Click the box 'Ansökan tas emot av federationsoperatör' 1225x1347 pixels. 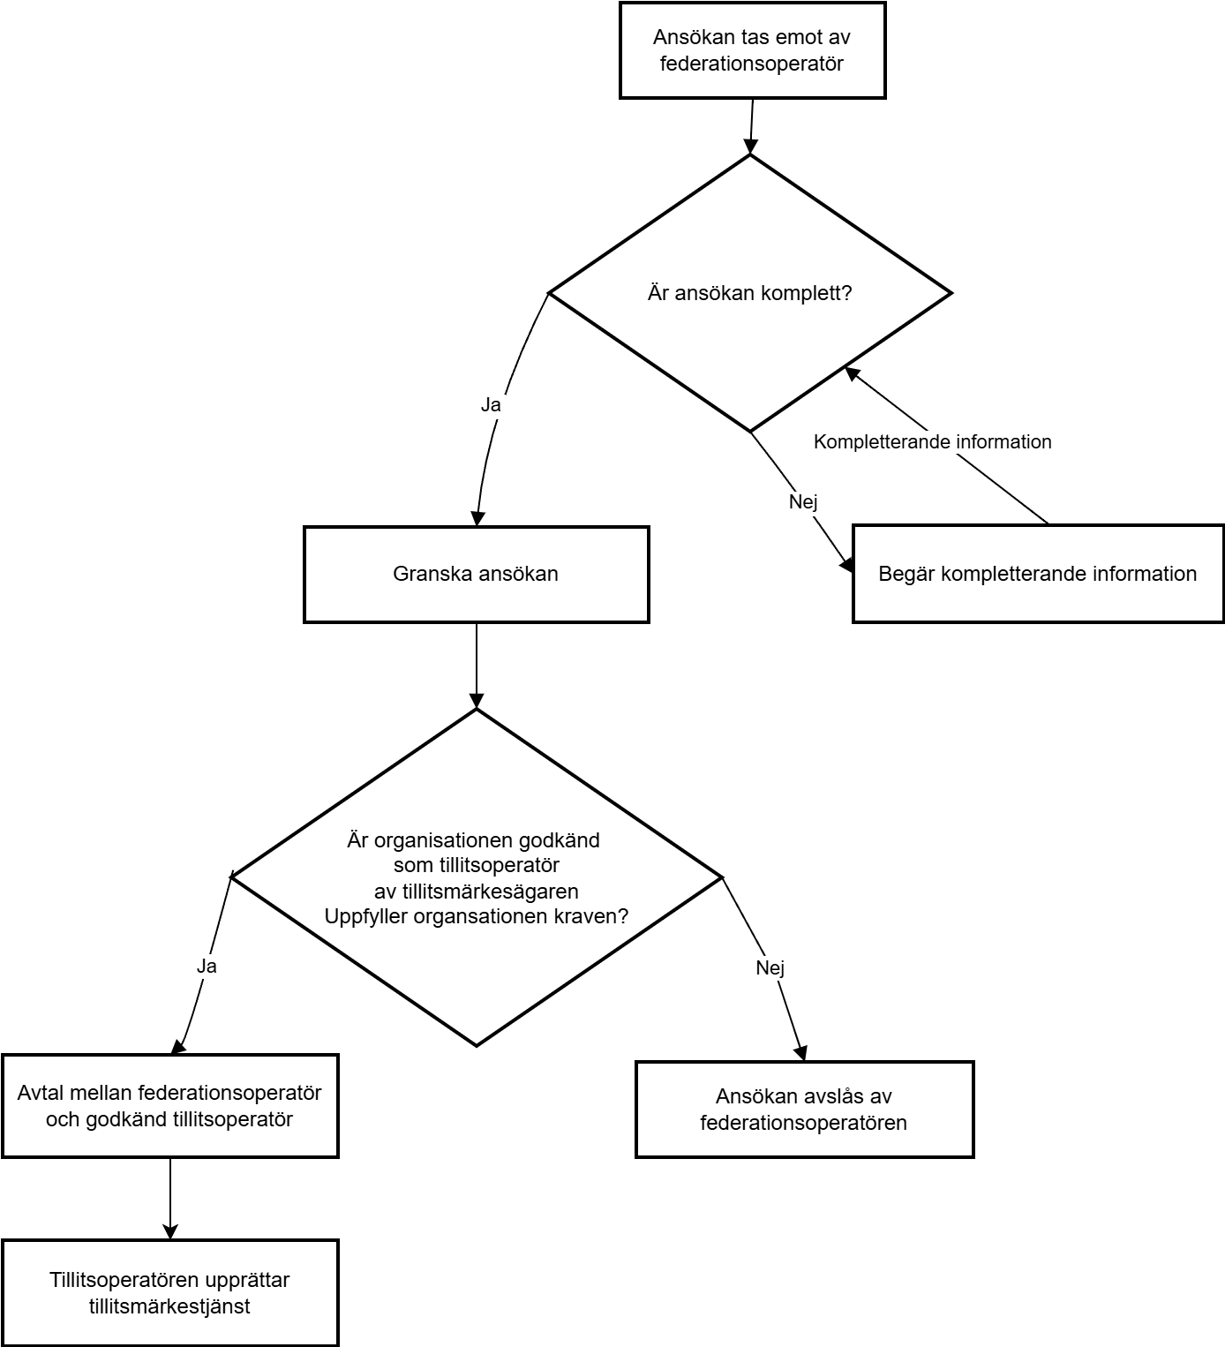752,50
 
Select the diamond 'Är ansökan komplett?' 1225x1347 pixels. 750,293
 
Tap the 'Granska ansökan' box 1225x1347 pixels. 477,574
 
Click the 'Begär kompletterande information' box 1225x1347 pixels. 1038,574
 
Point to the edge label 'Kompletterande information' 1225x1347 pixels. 932,442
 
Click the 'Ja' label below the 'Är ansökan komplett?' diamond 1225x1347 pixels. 491,405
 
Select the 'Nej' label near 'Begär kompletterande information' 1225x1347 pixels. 803,501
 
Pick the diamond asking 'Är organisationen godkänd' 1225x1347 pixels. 477,877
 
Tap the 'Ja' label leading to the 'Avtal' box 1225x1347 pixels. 207,966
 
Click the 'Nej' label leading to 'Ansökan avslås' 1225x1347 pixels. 770,967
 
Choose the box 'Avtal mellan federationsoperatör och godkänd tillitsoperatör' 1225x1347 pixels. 170,1106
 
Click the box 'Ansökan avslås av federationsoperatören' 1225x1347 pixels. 804,1110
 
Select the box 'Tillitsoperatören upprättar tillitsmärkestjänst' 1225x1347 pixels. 170,1292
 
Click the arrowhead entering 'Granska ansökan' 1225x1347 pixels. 477,518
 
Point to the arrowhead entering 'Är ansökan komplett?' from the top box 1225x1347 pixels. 750,147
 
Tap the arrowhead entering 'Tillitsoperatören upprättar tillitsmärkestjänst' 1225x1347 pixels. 170,1231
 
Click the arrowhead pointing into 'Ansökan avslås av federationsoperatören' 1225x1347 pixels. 800,1054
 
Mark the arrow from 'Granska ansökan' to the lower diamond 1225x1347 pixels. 477,666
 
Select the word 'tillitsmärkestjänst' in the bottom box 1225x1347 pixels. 170,1306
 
